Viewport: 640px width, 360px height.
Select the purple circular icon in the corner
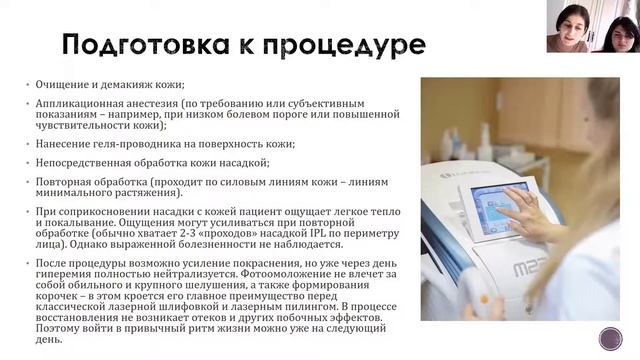pos(611,338)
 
